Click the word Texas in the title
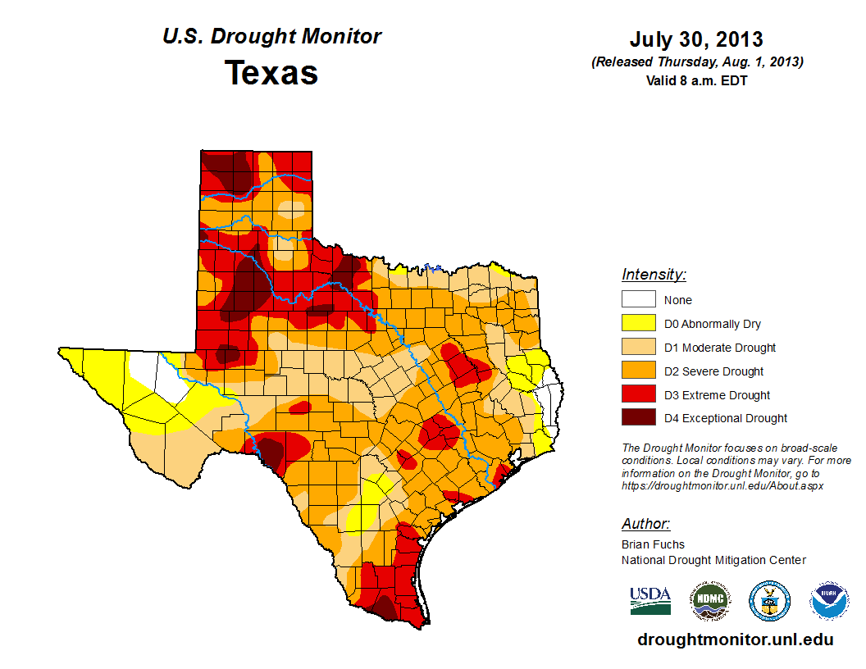click(271, 73)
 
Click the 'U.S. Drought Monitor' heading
click(271, 37)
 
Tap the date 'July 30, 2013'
click(696, 39)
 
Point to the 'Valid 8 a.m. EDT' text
click(696, 80)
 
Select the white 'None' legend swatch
click(638, 299)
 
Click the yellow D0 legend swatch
click(638, 323)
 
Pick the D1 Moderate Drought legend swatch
click(638, 347)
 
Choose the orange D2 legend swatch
click(638, 371)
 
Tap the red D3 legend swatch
click(638, 394)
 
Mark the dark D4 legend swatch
click(638, 417)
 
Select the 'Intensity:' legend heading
click(654, 275)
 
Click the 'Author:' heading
click(645, 524)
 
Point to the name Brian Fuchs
click(653, 544)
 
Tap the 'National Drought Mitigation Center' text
click(713, 560)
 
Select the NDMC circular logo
click(709, 601)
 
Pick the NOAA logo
click(829, 601)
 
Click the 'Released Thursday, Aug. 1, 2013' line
click(696, 62)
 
